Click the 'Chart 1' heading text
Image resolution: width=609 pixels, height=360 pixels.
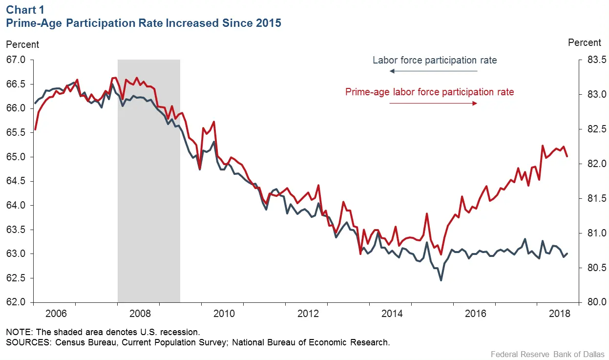click(x=22, y=10)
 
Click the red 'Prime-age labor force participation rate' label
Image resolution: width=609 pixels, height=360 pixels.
click(x=429, y=92)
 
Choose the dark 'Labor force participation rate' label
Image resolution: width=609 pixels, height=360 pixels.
click(x=435, y=61)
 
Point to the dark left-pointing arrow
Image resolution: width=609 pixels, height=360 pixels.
click(x=433, y=71)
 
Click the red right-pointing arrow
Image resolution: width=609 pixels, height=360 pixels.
click(x=433, y=104)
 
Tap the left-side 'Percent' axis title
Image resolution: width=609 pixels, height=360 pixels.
click(x=22, y=44)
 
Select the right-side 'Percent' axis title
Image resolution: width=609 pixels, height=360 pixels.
click(x=585, y=43)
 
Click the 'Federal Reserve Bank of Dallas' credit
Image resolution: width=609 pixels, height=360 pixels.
click(x=547, y=354)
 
